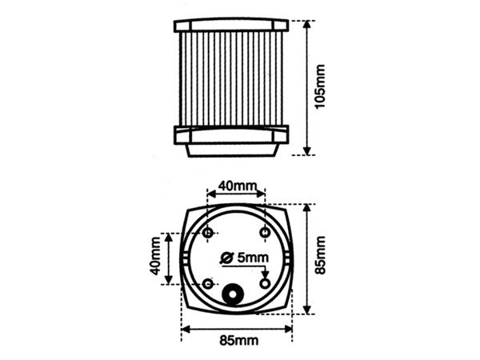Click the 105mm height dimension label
[321, 88]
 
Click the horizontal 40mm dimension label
[238, 186]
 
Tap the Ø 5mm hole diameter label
[246, 258]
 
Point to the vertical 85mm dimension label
[321, 255]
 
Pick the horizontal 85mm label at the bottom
[238, 342]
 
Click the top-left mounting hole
[209, 232]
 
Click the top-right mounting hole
[266, 232]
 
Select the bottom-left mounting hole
[209, 284]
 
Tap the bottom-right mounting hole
[266, 284]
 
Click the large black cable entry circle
[234, 296]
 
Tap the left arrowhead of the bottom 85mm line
[186, 327]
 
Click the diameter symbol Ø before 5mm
[226, 258]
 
